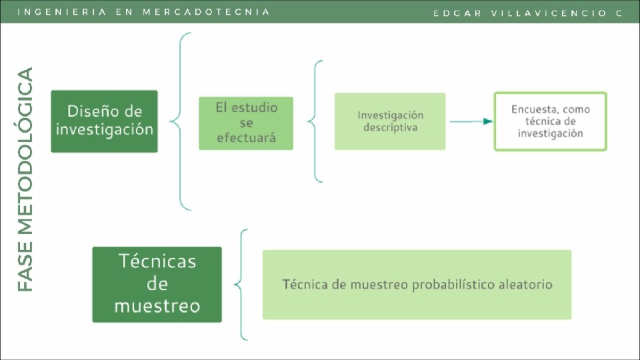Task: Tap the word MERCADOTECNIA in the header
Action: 207,12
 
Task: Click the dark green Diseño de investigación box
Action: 105,121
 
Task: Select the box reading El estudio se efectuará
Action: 246,123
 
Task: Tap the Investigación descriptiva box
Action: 390,121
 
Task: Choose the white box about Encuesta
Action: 550,121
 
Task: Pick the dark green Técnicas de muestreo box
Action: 157,285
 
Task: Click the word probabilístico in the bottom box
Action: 454,285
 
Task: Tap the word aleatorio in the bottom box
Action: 525,285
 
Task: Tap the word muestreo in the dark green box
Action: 157,306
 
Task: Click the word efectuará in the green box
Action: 246,139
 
